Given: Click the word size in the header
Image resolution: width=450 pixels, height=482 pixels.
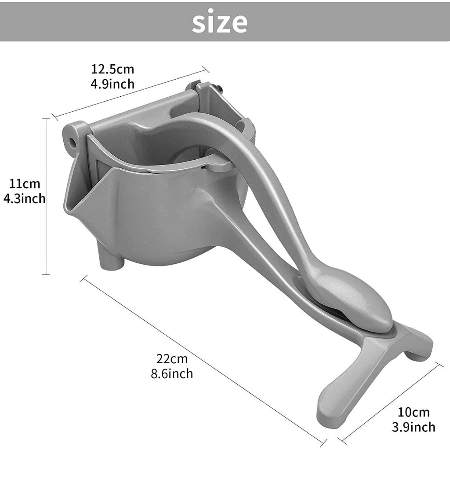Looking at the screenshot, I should (219, 22).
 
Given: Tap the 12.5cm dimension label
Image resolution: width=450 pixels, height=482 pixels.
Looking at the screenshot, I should (112, 69).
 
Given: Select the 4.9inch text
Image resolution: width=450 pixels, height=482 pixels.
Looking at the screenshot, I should (112, 84).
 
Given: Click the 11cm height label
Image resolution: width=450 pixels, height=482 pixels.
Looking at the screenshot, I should (25, 183).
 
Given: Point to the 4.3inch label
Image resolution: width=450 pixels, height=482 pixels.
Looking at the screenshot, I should (25, 198).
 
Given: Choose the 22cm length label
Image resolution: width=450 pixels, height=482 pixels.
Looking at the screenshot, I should (172, 359).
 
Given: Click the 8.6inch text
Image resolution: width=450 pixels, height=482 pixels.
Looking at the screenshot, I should (171, 373).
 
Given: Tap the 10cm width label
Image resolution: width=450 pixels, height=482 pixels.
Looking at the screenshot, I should (414, 412).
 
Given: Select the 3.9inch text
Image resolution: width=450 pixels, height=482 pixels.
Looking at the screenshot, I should (414, 427).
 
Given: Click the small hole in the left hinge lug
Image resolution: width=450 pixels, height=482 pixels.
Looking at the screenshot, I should (71, 142).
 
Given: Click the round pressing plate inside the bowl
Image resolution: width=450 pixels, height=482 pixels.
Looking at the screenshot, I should (185, 157).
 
